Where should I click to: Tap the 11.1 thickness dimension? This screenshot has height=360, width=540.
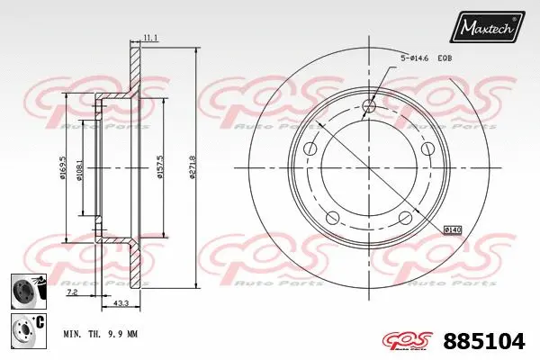(149, 38)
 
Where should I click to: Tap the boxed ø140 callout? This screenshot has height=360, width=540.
(453, 230)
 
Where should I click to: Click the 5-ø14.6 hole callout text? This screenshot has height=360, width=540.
(416, 58)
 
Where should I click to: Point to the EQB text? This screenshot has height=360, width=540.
(445, 58)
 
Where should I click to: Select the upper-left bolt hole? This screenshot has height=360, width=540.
(310, 149)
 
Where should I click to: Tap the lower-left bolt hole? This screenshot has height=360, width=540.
(331, 216)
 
